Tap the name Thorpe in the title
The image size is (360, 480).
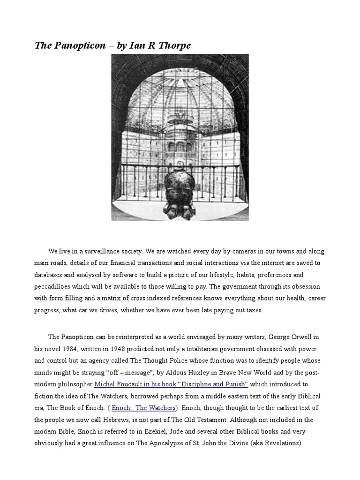pos(174,45)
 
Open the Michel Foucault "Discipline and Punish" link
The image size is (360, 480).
pos(171,384)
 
